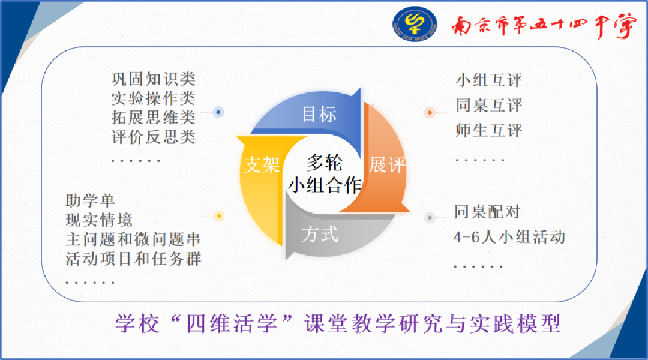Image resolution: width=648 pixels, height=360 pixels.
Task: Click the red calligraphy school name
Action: coord(543,26)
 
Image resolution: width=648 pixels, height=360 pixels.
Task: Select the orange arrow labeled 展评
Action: coord(387,164)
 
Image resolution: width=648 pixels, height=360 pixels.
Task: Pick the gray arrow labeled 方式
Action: coord(320,233)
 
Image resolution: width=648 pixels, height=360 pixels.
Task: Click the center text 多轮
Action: coord(324,161)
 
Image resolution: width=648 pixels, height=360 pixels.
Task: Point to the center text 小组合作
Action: coord(324,184)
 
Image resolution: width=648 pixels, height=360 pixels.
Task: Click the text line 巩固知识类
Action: coord(154,79)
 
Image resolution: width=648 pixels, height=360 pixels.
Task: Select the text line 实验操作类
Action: coord(154,98)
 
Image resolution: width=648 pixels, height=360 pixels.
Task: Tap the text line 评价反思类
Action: coord(154,137)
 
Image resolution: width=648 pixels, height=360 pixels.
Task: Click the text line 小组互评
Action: coord(489,80)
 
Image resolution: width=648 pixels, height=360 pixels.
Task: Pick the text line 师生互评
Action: coord(489,130)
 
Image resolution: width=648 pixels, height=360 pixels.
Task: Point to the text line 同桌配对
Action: coord(487,212)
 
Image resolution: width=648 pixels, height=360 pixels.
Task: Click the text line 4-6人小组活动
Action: coord(509,237)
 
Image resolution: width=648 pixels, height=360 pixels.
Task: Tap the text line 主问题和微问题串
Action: coord(133,239)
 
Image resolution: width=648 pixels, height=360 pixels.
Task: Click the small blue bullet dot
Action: coord(219,112)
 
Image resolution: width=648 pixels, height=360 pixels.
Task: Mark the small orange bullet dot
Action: coord(429,112)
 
